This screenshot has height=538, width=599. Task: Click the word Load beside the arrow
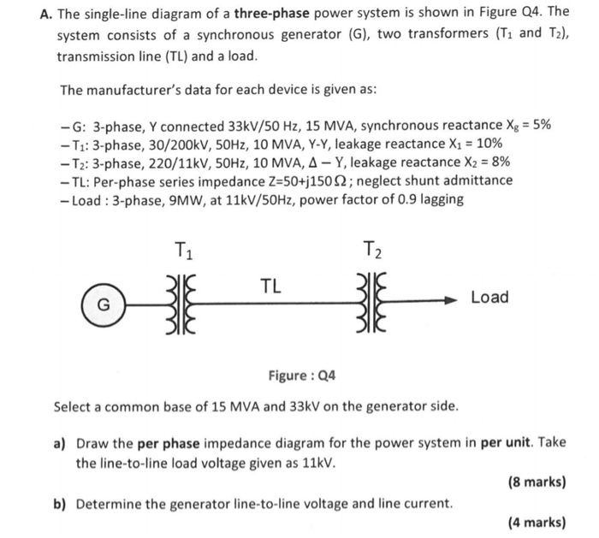pyautogui.click(x=489, y=298)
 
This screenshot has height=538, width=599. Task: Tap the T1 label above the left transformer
pyautogui.click(x=183, y=251)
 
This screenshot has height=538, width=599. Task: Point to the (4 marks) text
pyautogui.click(x=537, y=522)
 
